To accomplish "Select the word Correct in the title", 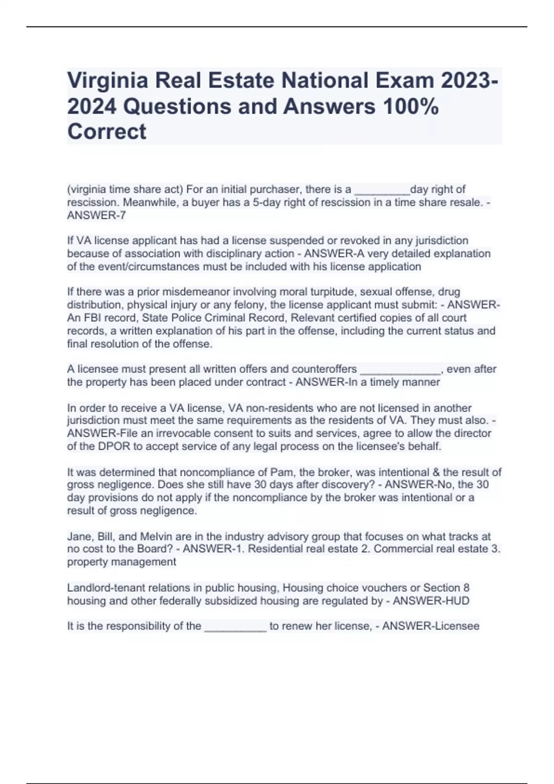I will coord(107,131).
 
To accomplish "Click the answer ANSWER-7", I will coord(96,215).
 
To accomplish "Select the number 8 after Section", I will coord(466,588).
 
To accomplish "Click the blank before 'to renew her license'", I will coord(235,626).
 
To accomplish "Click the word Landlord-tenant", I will coord(102,588).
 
